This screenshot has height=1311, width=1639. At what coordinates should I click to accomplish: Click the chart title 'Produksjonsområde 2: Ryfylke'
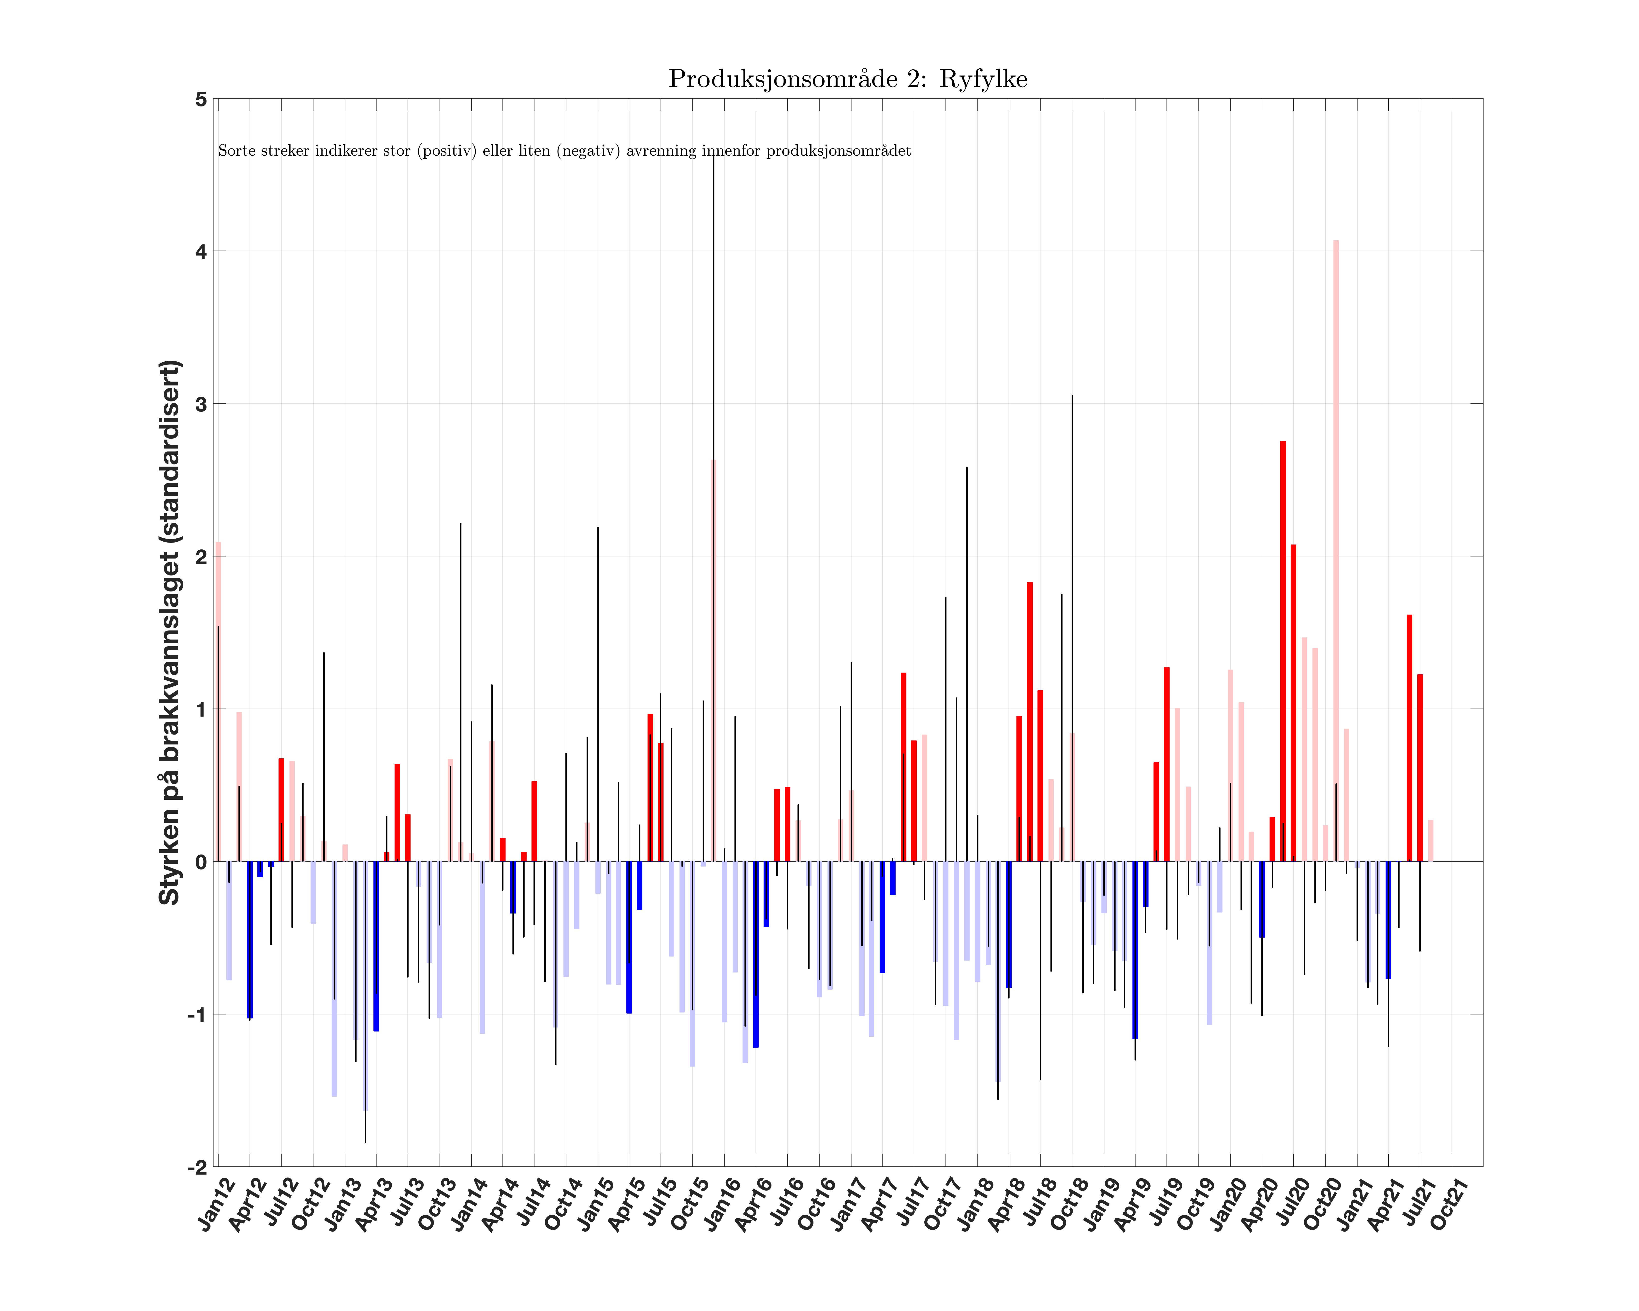(x=848, y=79)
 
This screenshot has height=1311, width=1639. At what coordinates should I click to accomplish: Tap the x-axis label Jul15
(x=657, y=1205)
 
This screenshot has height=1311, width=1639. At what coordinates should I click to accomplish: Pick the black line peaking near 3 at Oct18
(x=1072, y=608)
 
